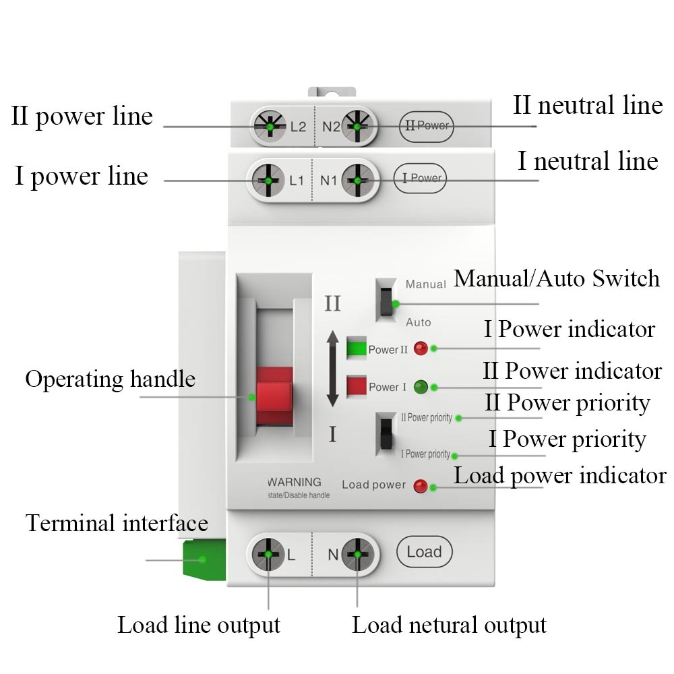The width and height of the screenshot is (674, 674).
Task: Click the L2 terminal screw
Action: click(269, 126)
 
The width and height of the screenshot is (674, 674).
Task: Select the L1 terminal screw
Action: click(268, 180)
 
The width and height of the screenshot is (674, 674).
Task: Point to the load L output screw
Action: click(268, 554)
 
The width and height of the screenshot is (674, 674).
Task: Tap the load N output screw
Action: click(357, 554)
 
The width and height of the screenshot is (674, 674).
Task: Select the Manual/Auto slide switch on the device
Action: click(386, 301)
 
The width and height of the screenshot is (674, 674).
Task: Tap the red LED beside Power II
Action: click(421, 348)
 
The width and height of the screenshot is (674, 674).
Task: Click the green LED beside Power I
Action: click(421, 387)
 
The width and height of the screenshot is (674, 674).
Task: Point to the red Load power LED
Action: click(421, 486)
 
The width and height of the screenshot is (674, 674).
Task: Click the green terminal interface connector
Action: click(204, 559)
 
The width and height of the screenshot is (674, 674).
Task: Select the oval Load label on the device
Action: click(424, 552)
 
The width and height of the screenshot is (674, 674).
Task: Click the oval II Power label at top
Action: click(425, 126)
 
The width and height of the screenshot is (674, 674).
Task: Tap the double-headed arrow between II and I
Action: click(332, 369)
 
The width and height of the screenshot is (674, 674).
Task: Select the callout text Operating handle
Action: click(110, 379)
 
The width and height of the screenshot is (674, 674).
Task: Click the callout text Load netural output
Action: click(449, 625)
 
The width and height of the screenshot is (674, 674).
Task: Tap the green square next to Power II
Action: click(356, 348)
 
